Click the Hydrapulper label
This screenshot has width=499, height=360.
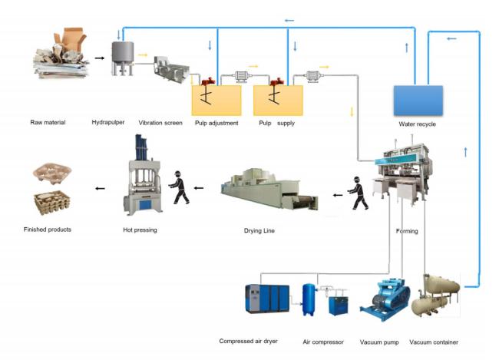click(108, 122)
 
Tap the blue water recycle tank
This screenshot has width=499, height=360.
click(418, 101)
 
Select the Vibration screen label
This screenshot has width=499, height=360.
click(160, 123)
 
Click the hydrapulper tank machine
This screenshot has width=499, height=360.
click(123, 58)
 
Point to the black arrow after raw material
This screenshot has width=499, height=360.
click(100, 58)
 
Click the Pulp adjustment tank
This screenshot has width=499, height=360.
click(216, 100)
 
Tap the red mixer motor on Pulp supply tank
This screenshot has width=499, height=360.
click(276, 82)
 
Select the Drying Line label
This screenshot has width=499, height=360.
click(259, 230)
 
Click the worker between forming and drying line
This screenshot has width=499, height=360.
click(359, 193)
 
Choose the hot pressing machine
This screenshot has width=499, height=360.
click(143, 175)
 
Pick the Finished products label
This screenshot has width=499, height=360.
click(48, 230)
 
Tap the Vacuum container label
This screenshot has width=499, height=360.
click(434, 342)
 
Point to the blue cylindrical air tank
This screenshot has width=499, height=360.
click(309, 299)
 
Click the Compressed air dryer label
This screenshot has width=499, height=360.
click(248, 342)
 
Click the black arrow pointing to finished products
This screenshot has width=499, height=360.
click(100, 188)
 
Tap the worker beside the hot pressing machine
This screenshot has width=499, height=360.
click(179, 187)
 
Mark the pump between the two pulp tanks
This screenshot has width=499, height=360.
click(241, 77)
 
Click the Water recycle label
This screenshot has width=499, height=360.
click(417, 124)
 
